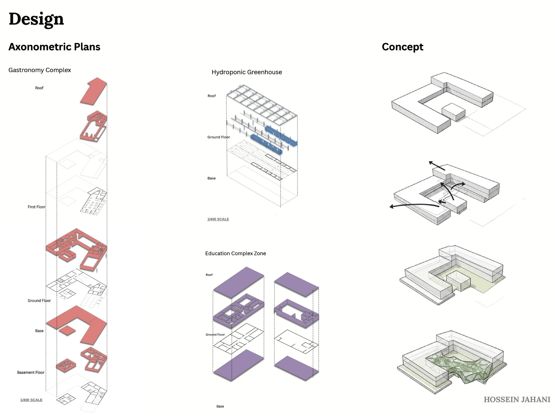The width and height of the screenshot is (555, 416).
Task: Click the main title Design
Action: [36, 19]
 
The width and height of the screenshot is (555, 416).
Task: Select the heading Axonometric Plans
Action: [54, 47]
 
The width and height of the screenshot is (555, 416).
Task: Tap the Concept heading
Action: [402, 47]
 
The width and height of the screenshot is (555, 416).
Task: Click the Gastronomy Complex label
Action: [40, 70]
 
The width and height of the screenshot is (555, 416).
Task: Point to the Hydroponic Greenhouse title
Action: [247, 72]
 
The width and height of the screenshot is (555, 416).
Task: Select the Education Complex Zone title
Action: [236, 253]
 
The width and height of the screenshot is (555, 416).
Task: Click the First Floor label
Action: [37, 207]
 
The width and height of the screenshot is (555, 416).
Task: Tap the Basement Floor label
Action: [31, 372]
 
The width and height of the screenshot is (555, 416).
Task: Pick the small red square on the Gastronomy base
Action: [67, 331]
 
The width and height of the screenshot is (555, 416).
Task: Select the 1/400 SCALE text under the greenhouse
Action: [218, 219]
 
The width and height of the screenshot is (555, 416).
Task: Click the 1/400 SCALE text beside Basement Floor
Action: [31, 400]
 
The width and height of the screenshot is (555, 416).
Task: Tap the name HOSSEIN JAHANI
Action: [517, 399]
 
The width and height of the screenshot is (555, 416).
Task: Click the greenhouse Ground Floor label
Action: [218, 137]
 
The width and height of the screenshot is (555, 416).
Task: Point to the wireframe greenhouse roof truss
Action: [262, 105]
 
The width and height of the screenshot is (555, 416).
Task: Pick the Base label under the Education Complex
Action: [220, 406]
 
